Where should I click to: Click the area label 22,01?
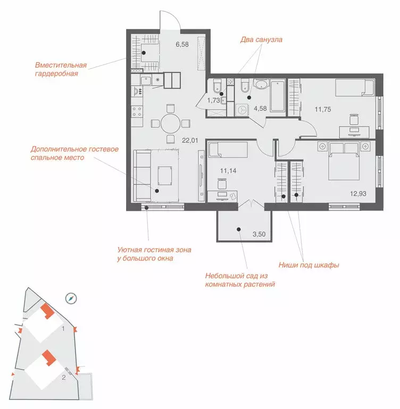pyautogui.click(x=190, y=141)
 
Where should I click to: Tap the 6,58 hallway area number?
pyautogui.click(x=182, y=44)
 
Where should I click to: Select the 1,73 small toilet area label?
pyautogui.click(x=214, y=100)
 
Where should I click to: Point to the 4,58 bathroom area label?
pyautogui.click(x=260, y=108)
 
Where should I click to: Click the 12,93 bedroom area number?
pyautogui.click(x=358, y=193)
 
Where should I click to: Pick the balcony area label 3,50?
pyautogui.click(x=259, y=234)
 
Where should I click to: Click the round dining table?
pyautogui.click(x=170, y=124)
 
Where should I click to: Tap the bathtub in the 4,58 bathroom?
pyautogui.click(x=277, y=96)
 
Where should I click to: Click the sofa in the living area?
pyautogui.click(x=142, y=176)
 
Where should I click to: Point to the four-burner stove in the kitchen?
pyautogui.click(x=137, y=112)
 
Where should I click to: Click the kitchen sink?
pyautogui.click(x=146, y=80)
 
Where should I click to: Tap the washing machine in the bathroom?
pyautogui.click(x=243, y=110)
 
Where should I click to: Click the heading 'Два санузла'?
pyautogui.click(x=261, y=39)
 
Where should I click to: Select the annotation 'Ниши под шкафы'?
pyautogui.click(x=309, y=265)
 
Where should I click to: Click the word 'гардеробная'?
pyautogui.click(x=56, y=74)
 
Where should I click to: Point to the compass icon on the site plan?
pyautogui.click(x=71, y=299)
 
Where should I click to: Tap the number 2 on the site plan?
pyautogui.click(x=64, y=377)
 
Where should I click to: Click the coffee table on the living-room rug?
pyautogui.click(x=165, y=176)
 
